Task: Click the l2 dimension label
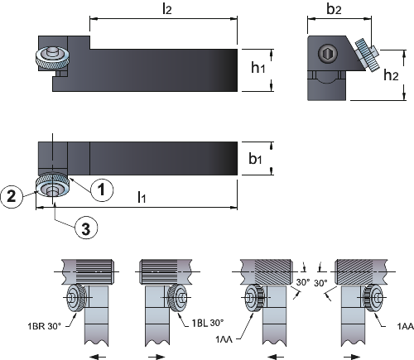(x=167, y=9)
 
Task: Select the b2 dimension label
(x=334, y=9)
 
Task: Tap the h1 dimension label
(x=258, y=68)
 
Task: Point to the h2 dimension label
(x=391, y=74)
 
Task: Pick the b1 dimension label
(x=255, y=158)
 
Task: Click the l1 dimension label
(x=142, y=197)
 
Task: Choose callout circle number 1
(x=102, y=190)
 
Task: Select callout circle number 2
(x=11, y=196)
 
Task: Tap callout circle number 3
(x=86, y=228)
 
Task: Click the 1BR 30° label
(x=44, y=326)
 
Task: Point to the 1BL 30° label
(x=208, y=323)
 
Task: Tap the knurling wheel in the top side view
(x=52, y=57)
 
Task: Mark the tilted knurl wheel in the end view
(x=367, y=55)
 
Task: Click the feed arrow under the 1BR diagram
(x=98, y=357)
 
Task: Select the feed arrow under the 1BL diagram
(x=156, y=357)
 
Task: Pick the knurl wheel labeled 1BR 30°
(x=77, y=298)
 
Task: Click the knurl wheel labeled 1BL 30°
(x=178, y=298)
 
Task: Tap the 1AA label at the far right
(x=406, y=327)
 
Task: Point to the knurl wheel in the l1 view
(x=52, y=185)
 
